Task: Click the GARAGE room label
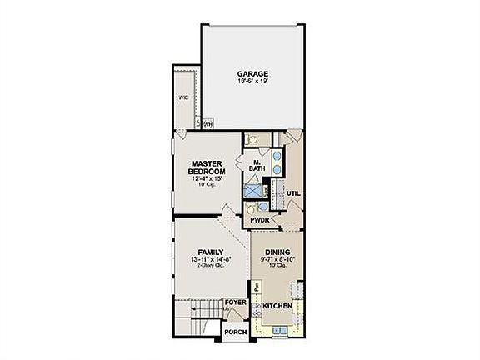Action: (251, 74)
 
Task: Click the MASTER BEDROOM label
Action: (204, 167)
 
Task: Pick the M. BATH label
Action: (257, 165)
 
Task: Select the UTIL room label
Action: (293, 193)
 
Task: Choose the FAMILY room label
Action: (209, 251)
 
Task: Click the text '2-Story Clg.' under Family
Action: (209, 267)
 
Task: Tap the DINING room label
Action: (277, 251)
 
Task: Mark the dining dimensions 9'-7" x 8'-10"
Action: (277, 259)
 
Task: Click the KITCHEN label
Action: (277, 307)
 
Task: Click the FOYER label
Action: (236, 301)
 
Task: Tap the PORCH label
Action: (236, 332)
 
